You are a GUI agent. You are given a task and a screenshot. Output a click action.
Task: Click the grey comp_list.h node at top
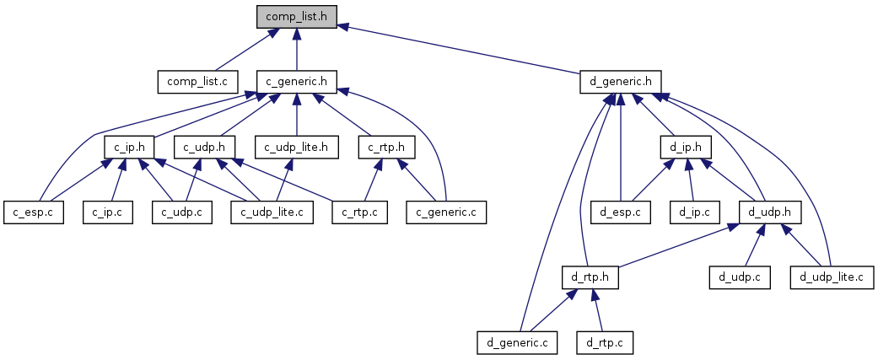(x=297, y=16)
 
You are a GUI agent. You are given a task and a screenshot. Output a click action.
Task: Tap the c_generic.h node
(x=296, y=82)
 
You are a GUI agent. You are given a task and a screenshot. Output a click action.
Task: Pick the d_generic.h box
(x=620, y=82)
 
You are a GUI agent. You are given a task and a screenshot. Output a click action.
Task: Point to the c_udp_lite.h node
(x=296, y=148)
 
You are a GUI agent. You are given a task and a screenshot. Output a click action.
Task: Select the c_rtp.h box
(x=386, y=148)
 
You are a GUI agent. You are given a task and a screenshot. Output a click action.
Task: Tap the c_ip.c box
(x=107, y=211)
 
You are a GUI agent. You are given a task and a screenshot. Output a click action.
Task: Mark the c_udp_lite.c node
(x=272, y=211)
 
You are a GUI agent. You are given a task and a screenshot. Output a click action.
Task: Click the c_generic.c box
(x=446, y=211)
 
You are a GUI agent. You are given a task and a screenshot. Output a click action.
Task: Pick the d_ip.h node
(x=685, y=148)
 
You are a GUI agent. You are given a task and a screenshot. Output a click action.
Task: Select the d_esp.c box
(x=620, y=211)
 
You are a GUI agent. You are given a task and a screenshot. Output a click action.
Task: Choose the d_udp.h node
(x=768, y=211)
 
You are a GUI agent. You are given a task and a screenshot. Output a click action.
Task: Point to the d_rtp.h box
(x=590, y=277)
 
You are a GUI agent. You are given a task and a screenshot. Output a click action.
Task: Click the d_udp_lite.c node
(x=832, y=277)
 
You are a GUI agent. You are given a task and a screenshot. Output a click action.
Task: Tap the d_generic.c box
(x=517, y=342)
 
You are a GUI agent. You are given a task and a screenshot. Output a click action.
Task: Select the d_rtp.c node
(x=604, y=342)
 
